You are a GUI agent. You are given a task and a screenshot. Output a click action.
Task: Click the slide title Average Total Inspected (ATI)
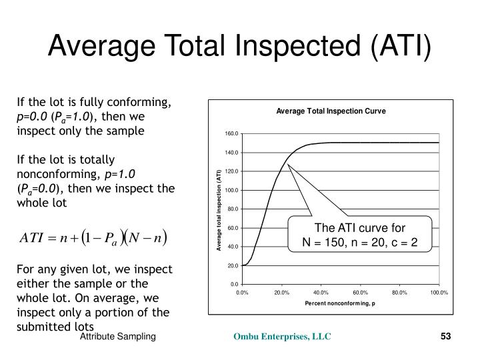point(240,47)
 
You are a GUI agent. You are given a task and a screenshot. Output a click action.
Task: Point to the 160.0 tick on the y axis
point(231,134)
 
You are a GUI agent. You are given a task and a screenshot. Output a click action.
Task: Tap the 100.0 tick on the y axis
point(231,191)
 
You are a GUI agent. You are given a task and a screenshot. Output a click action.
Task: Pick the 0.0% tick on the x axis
point(242,292)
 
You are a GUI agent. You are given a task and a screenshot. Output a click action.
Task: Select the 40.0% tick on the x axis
point(321,292)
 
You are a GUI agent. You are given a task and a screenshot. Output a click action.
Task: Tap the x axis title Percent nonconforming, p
point(340,303)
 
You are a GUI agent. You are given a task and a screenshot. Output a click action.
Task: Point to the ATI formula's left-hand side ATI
point(33,237)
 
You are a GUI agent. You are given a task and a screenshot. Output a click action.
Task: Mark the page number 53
point(446,338)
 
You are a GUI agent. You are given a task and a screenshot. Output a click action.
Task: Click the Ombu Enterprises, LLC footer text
point(281,338)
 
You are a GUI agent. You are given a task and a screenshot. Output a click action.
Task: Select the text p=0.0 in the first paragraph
point(33,117)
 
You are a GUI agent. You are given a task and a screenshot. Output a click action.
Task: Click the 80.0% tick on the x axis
point(399,292)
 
